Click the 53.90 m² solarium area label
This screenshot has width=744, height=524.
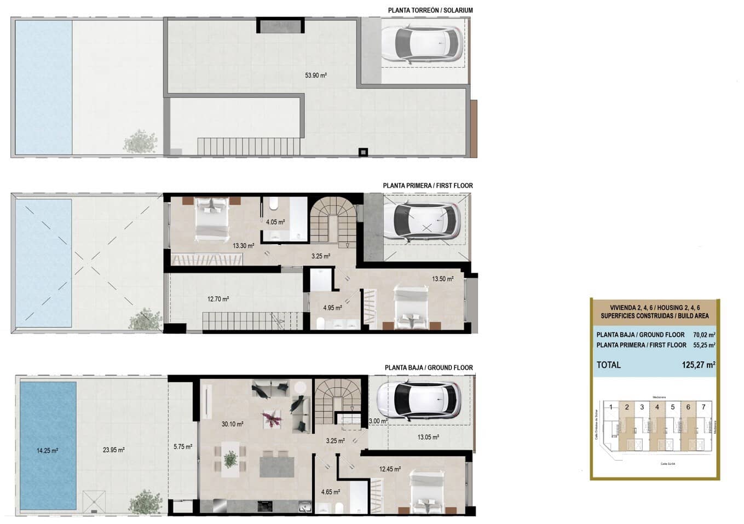coord(316,76)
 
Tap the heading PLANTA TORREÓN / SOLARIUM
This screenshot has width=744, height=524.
coord(430,10)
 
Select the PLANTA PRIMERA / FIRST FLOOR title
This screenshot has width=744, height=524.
coord(428,186)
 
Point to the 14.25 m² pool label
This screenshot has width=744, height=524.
coord(48,451)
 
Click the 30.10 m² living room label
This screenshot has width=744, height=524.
coord(233,423)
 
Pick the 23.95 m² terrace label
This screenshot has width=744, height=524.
coord(114,450)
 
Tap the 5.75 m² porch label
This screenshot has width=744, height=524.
coord(183,447)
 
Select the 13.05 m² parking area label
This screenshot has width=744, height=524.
coord(428,437)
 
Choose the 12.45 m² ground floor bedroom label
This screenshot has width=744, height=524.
coord(390,469)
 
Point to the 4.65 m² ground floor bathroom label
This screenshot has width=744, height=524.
coord(331,492)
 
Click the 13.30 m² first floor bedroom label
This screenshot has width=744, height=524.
coord(244,246)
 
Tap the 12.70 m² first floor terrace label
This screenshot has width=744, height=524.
coord(218,299)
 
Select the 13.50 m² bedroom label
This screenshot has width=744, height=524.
coord(442,279)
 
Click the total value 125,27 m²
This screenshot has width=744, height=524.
coord(699,365)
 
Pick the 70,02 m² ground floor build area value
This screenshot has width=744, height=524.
coord(704,335)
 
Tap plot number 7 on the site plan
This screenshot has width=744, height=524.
coord(703,407)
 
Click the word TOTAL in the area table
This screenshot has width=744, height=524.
coord(609,365)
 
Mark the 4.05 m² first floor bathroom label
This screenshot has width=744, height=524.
coord(275,222)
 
